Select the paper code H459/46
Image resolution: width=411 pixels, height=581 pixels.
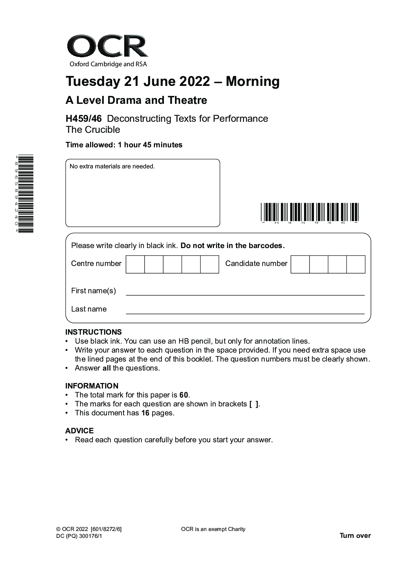(x=84, y=119)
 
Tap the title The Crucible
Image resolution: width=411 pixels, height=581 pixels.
(x=93, y=130)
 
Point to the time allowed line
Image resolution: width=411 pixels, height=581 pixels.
(x=124, y=145)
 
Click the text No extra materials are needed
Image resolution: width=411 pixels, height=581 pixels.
(x=112, y=166)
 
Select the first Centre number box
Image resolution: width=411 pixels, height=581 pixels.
(x=135, y=264)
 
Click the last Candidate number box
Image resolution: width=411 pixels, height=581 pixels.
(x=355, y=264)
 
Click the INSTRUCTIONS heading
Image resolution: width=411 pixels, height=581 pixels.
(x=94, y=332)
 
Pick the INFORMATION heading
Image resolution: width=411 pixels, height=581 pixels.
(x=92, y=386)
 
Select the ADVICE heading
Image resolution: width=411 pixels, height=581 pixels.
(x=79, y=431)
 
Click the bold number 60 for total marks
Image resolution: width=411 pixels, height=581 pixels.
(x=184, y=395)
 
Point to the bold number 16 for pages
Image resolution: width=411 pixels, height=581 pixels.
(x=145, y=413)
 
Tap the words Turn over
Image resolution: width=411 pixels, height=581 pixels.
(x=355, y=535)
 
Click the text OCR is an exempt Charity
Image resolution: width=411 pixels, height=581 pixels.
(x=213, y=529)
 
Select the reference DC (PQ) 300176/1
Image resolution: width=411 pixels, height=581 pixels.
(x=79, y=536)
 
